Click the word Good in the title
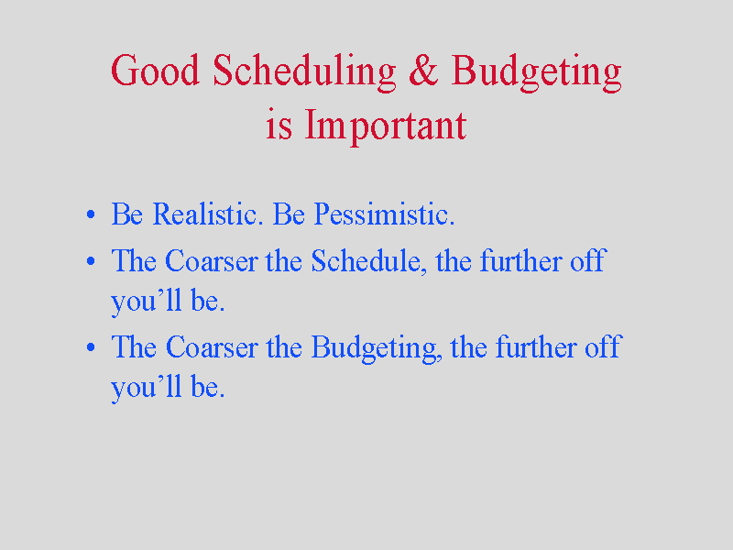point(155,71)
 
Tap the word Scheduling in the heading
point(304,73)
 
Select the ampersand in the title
point(423,71)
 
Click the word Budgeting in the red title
point(536,73)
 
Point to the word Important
point(386,126)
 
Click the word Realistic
point(205,214)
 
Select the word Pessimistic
point(384,214)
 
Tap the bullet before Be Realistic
point(91,215)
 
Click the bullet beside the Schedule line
point(91,261)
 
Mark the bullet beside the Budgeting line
point(91,347)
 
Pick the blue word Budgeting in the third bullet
point(377,349)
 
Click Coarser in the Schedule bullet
point(212,260)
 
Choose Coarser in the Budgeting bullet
point(212,347)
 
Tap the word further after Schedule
point(520,260)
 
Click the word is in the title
point(279,126)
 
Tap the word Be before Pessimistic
point(289,214)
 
